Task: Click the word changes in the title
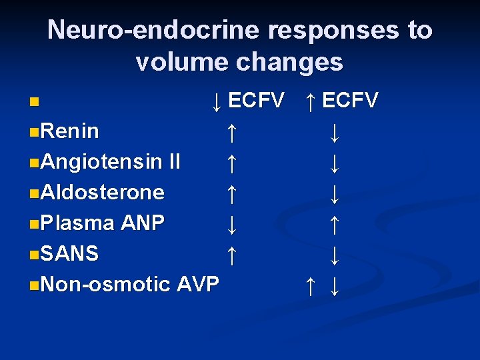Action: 289,62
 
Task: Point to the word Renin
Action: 69,131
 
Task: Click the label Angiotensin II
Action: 110,162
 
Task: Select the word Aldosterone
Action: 102,192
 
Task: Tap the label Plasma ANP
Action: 102,223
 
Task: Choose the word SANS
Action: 69,253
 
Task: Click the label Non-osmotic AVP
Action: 129,284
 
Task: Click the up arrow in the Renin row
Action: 231,132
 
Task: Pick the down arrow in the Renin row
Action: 335,132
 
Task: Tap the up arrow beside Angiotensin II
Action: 231,163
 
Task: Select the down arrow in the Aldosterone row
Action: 335,193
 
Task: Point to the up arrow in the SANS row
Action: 231,255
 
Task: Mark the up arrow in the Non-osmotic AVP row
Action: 310,285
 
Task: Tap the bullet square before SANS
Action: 34,255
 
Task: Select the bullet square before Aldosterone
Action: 34,193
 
